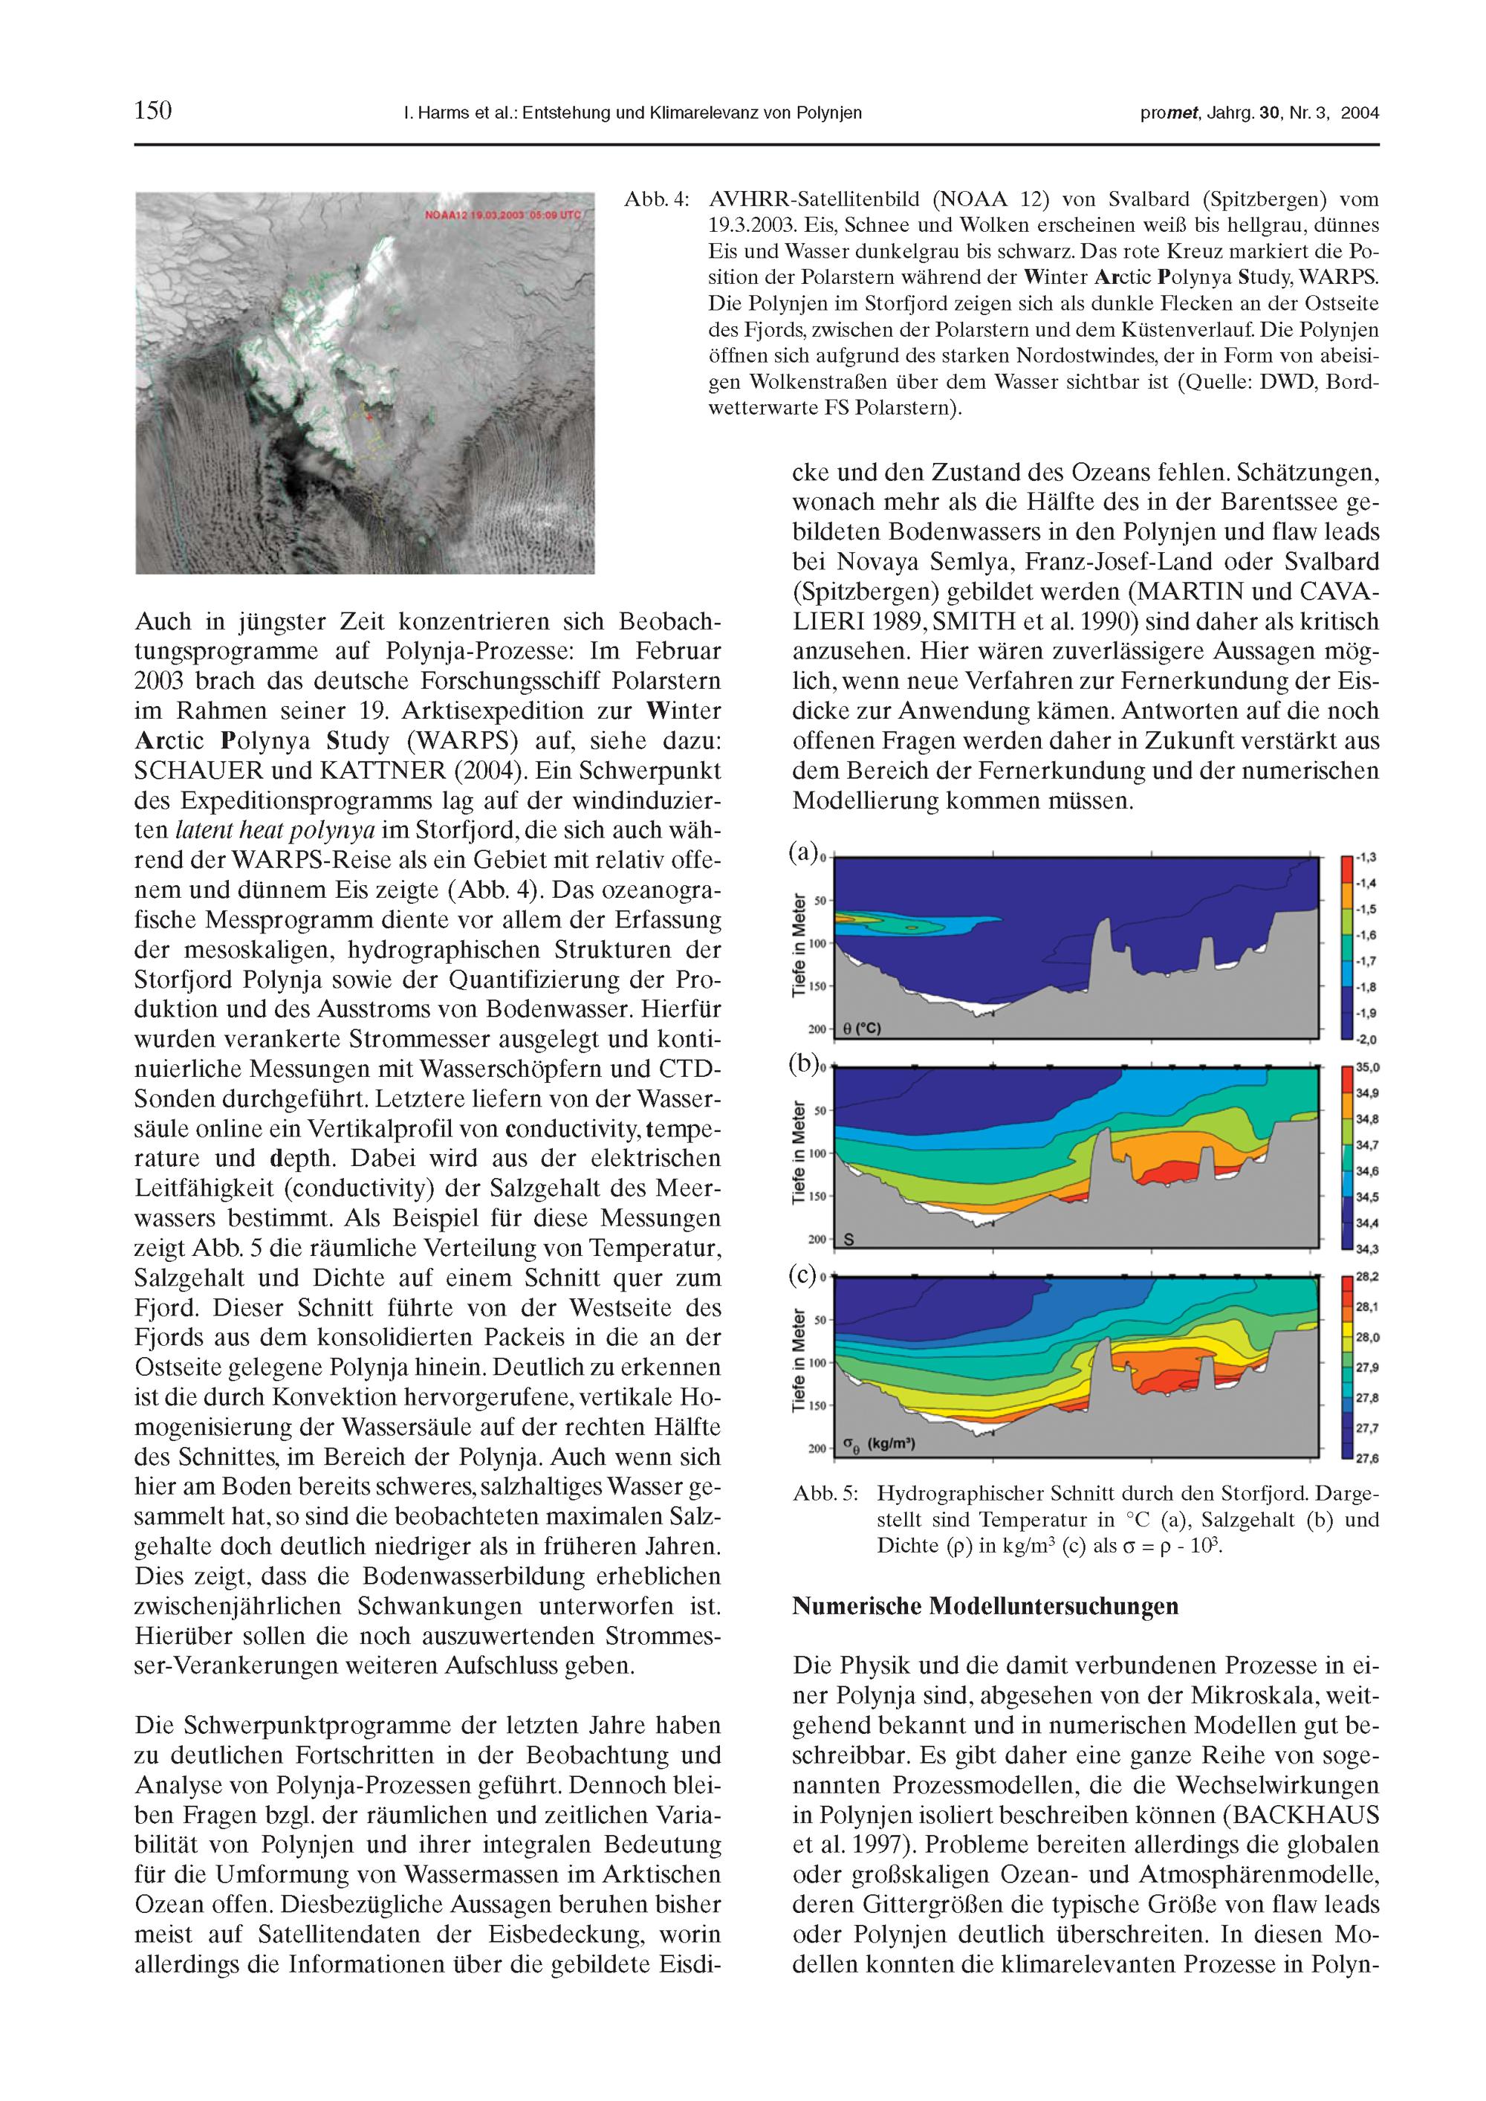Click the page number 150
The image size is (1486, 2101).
[x=153, y=111]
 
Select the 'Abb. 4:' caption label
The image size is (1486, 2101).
[x=656, y=199]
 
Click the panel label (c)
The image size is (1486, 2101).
[x=802, y=1275]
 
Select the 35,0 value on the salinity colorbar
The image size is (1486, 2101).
[x=1367, y=1068]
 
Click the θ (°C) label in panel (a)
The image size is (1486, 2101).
[x=861, y=1029]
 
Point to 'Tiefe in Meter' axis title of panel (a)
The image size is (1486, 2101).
[x=798, y=945]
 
